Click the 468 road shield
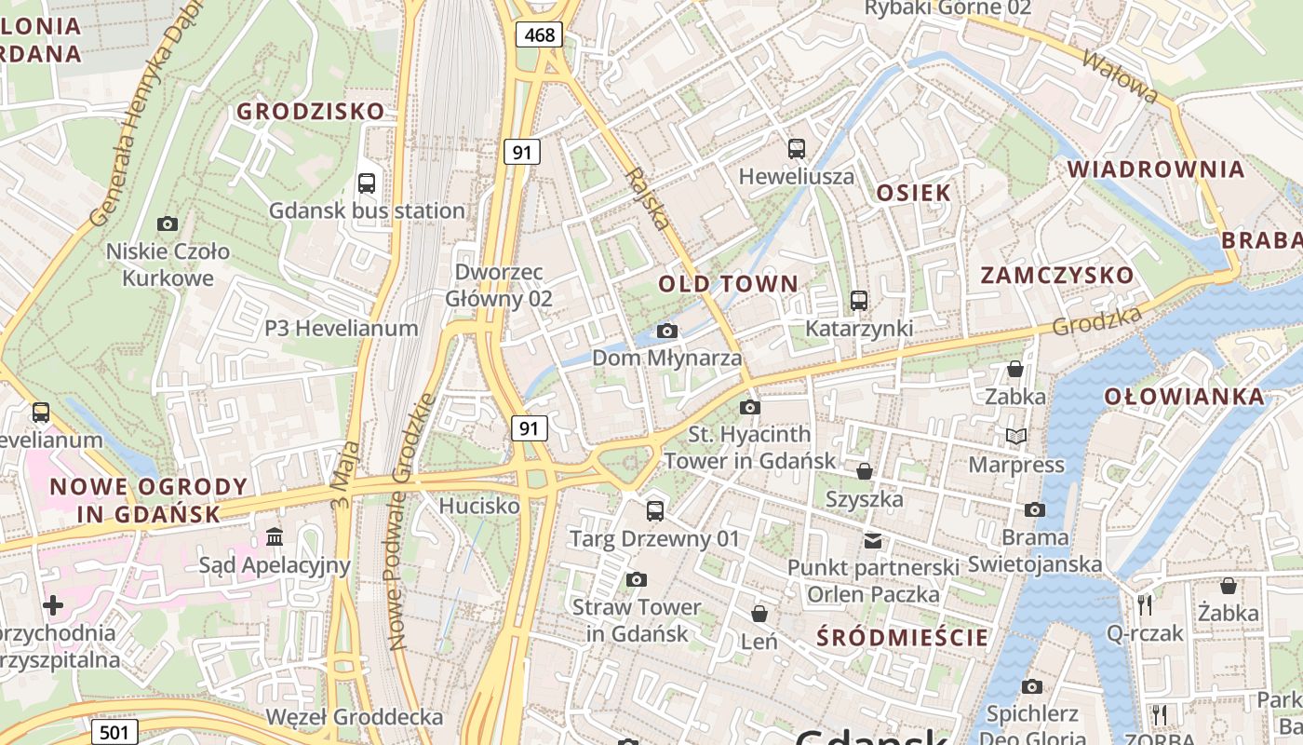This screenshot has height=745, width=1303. tap(539, 35)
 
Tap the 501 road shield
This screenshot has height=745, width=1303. tap(114, 732)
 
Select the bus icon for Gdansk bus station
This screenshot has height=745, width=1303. tap(367, 183)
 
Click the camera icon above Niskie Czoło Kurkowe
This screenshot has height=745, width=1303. tap(168, 223)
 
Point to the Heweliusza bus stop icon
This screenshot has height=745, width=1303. tap(797, 148)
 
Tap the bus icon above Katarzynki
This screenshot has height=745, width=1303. tap(858, 301)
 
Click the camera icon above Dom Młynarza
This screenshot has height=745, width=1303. tap(666, 331)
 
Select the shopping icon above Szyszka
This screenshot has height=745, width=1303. tap(865, 471)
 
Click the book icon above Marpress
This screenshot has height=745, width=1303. tap(1016, 436)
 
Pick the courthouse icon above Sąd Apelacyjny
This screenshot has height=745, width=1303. tap(275, 536)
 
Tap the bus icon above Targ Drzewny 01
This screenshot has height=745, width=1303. tap(655, 510)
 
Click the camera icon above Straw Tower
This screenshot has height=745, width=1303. tap(637, 579)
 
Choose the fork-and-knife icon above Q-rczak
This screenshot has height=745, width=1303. tap(1145, 605)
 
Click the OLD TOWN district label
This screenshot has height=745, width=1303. tap(728, 284)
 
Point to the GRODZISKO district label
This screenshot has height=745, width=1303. tap(310, 112)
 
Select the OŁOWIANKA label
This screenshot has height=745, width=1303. tap(1184, 397)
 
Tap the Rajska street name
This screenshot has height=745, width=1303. tap(648, 198)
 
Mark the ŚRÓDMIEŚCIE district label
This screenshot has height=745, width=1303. tap(902, 638)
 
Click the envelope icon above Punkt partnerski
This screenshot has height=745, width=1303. tap(872, 540)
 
